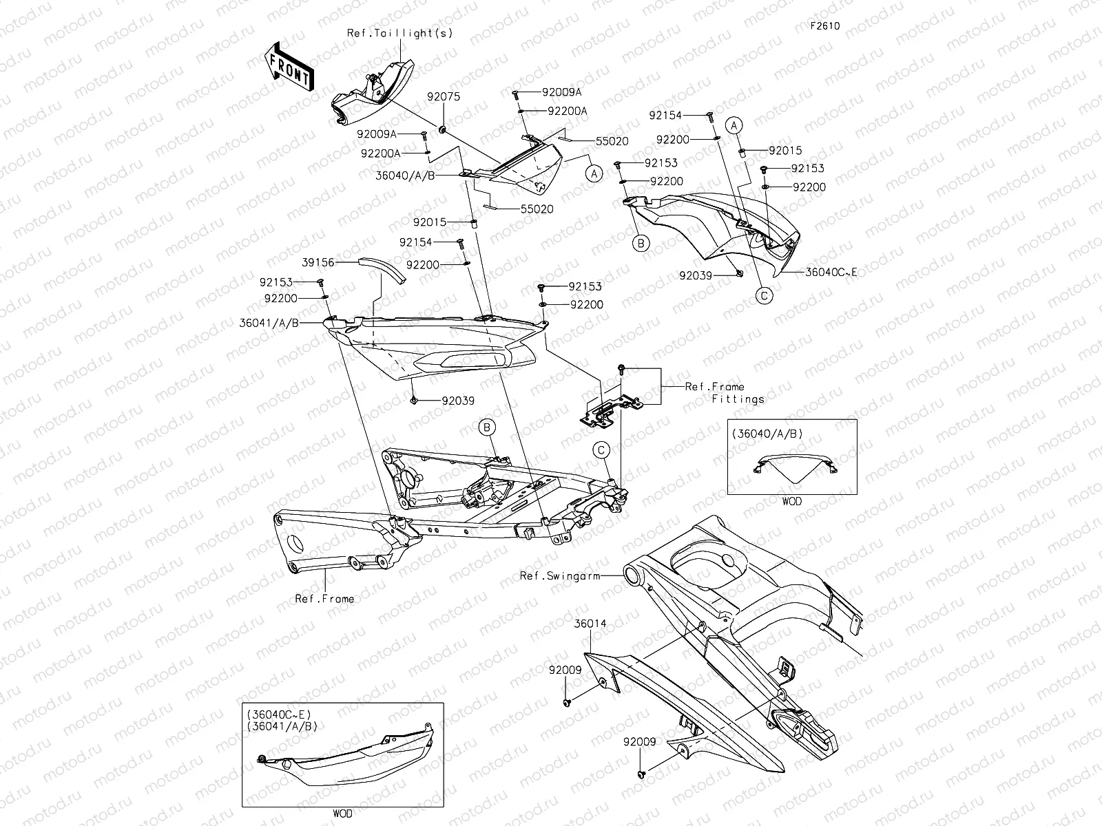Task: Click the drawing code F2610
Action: (x=824, y=26)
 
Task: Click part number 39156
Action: (x=318, y=262)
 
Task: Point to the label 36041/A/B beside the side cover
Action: (x=269, y=323)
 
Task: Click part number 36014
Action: (x=591, y=624)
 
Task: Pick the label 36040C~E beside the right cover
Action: (x=831, y=273)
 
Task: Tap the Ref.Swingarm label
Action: (x=560, y=575)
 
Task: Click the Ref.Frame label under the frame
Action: (x=324, y=599)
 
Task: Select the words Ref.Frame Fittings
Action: (x=723, y=392)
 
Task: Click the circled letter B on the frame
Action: (x=488, y=427)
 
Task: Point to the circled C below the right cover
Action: (x=764, y=296)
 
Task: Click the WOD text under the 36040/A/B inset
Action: (x=791, y=501)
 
